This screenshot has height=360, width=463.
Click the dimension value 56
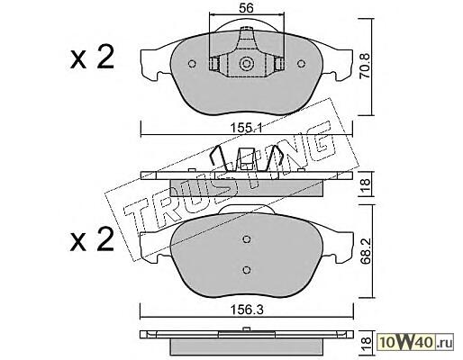point(246,8)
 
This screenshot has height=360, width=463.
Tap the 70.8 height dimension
point(365,66)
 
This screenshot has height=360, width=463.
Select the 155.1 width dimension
point(246,129)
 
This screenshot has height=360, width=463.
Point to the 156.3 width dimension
point(246,310)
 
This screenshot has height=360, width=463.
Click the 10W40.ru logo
point(415,342)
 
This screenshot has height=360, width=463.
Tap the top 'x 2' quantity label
point(92,57)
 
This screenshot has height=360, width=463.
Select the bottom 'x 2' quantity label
point(92,239)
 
